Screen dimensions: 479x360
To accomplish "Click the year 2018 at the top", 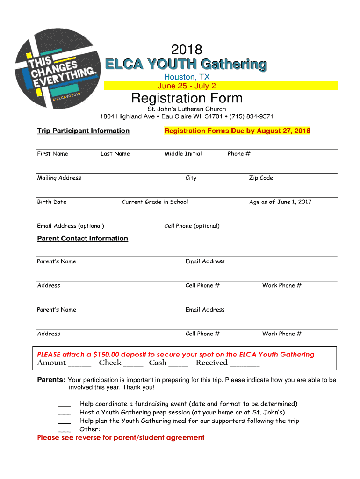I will click(187, 50).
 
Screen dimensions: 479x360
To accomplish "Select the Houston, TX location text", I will click(187, 77).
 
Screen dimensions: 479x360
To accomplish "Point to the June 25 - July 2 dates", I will click(187, 86).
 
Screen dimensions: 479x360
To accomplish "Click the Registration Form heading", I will click(187, 98).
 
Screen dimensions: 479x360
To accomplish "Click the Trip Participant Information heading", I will click(83, 131).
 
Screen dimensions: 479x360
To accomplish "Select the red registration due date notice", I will click(237, 131).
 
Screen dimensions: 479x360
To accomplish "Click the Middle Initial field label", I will click(183, 154).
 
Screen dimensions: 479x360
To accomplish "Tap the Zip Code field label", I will click(261, 178).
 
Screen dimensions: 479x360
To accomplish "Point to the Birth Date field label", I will click(52, 202).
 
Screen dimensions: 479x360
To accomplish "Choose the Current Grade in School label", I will click(155, 202).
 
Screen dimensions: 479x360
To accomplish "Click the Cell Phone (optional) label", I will click(192, 226).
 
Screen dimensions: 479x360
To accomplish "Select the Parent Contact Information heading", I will click(82, 239).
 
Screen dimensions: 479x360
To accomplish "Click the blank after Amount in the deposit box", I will click(79, 364).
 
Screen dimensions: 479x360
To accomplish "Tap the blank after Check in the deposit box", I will click(133, 364).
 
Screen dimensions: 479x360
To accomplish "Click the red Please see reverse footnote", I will click(121, 438).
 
